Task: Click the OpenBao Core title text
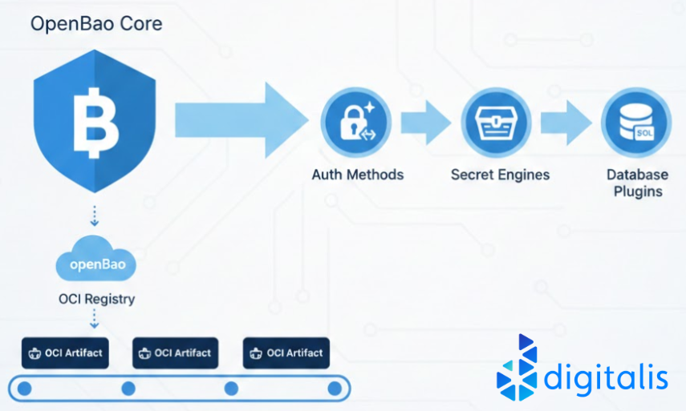96,23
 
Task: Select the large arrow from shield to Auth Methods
241,118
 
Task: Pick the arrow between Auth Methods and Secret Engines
425,122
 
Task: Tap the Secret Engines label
500,174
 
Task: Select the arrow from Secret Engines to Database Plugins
566,122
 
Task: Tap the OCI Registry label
97,299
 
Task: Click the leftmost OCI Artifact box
65,353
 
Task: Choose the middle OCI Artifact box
175,353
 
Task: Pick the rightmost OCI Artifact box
286,353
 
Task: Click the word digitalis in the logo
606,376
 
